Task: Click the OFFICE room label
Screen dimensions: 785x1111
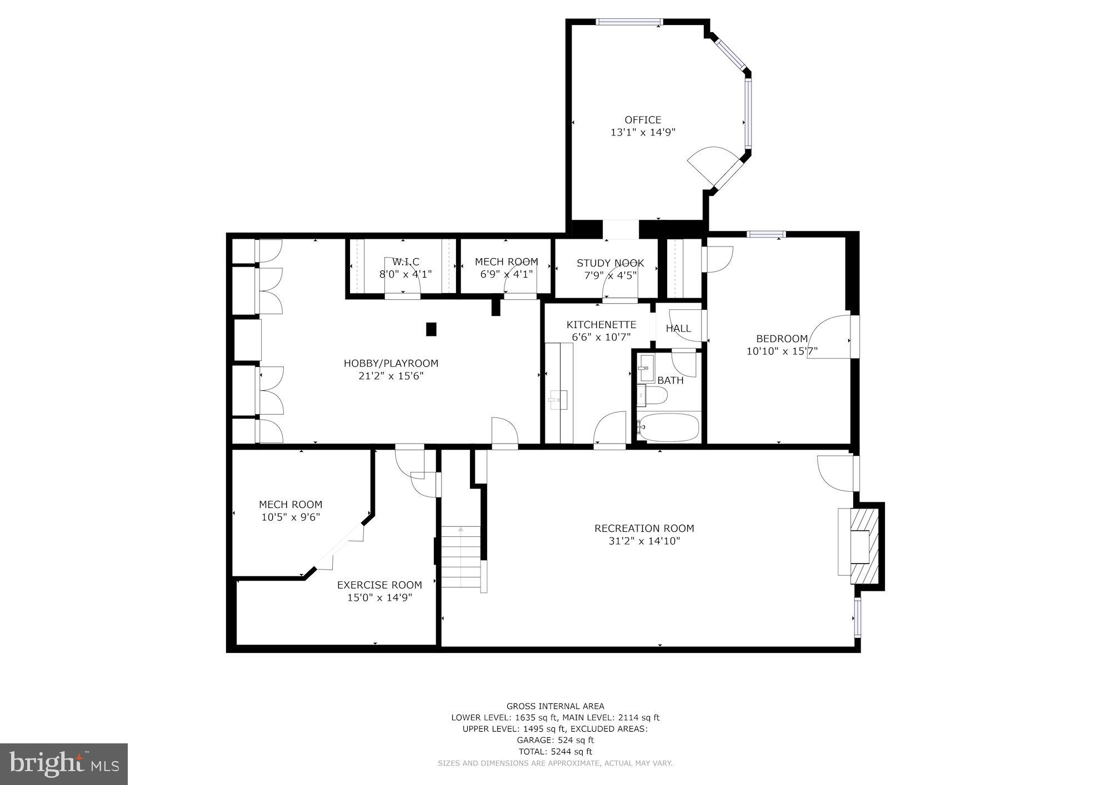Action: [x=643, y=120]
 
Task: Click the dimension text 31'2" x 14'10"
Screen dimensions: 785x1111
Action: [x=644, y=541]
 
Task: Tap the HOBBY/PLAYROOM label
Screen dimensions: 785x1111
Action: [x=391, y=364]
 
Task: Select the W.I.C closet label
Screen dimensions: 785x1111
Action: [x=406, y=262]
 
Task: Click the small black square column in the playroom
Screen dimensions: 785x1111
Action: [x=431, y=329]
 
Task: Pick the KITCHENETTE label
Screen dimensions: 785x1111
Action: [x=601, y=325]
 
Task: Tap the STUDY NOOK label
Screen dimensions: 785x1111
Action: [x=610, y=263]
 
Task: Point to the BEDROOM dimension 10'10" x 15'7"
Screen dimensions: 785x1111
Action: [x=782, y=351]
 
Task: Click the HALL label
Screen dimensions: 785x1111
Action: [x=678, y=329]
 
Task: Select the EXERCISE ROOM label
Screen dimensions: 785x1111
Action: [x=379, y=585]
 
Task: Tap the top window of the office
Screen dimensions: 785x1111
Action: [x=629, y=22]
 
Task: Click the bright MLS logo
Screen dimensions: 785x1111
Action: [x=64, y=764]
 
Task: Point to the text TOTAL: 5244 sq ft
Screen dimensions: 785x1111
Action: [x=555, y=752]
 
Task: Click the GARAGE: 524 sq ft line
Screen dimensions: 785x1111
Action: [x=555, y=740]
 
